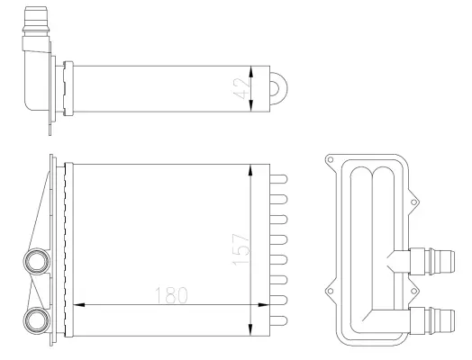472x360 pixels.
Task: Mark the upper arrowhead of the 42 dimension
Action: pos(258,69)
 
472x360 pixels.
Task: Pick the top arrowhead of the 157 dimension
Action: pos(251,169)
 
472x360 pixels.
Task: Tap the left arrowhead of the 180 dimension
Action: pos(77,304)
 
